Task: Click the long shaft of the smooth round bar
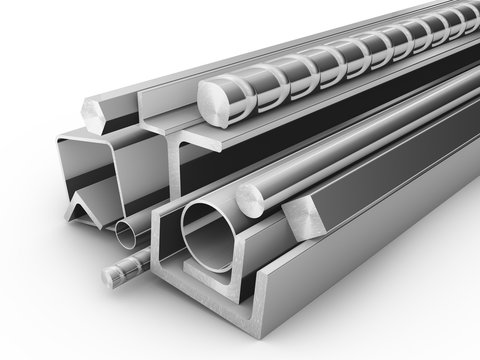click(x=340, y=160)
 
